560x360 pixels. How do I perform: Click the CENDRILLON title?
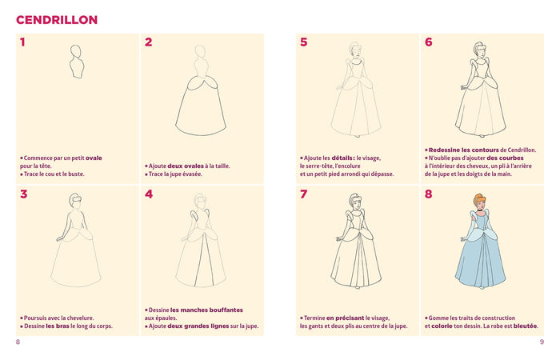(x=57, y=19)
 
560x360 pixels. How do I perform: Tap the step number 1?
(x=22, y=42)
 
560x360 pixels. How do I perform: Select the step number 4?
(x=148, y=194)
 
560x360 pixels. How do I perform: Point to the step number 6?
(x=428, y=42)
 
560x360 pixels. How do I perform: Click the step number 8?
(x=428, y=194)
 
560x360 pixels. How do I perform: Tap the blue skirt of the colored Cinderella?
(x=480, y=264)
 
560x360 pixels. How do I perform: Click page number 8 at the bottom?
(x=18, y=342)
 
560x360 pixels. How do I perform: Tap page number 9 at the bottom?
(x=542, y=342)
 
